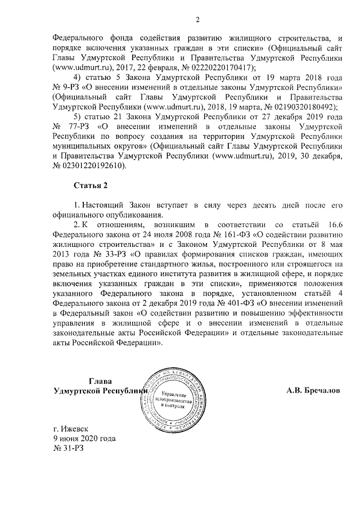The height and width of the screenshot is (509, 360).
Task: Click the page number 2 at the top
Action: (197, 21)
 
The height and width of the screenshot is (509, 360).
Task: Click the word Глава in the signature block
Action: (100, 380)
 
